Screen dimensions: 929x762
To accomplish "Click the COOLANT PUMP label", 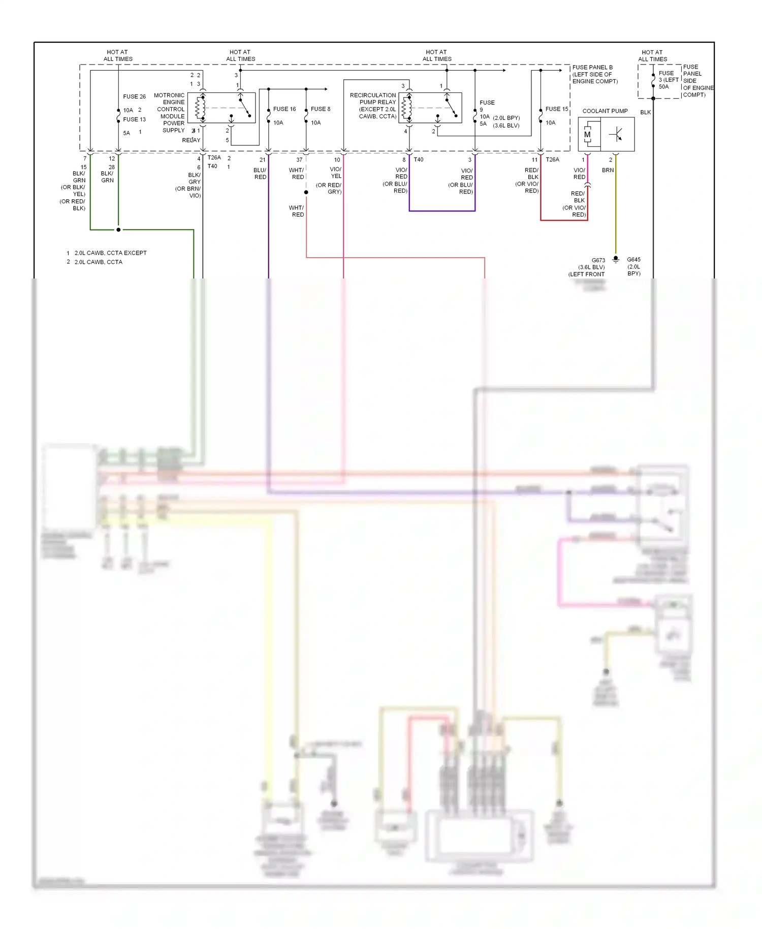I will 605,111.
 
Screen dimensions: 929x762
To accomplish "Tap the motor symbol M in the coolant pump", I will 587,135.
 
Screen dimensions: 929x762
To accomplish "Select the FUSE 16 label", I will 284,109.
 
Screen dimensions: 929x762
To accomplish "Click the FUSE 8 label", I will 321,109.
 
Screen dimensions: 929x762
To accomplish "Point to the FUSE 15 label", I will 556,109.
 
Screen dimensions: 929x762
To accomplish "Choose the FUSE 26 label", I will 134,97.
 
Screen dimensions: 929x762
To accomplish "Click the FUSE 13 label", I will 134,119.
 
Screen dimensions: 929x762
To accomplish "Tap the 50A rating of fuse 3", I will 663,87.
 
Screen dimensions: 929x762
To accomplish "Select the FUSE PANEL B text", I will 592,67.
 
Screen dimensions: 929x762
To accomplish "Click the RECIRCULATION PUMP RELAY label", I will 373,99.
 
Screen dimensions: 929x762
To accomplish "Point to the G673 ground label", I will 598,260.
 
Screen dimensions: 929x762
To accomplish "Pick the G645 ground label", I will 633,260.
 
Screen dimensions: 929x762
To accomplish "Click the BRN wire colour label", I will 608,170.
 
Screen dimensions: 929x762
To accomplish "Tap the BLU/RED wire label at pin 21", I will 260,173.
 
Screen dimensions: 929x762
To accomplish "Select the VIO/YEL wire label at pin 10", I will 336,172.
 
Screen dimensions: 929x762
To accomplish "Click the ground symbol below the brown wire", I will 616,259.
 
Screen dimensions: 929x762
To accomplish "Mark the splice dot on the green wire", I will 118,230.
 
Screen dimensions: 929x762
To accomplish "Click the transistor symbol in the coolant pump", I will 617,135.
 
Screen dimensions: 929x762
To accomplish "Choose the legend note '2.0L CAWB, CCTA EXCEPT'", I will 110,253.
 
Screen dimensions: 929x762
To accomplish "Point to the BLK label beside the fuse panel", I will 645,112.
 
